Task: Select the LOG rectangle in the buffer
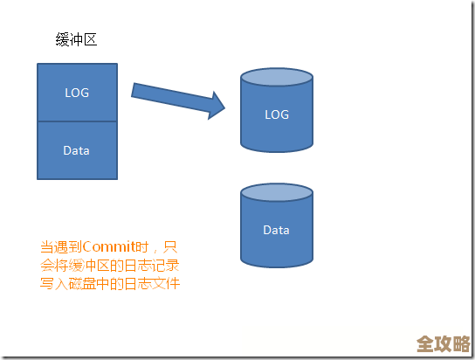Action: click(77, 92)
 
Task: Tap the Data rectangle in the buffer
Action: click(77, 150)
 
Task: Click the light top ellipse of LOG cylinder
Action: click(276, 80)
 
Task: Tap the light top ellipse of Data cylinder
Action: click(276, 194)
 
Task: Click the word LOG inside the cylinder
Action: click(276, 114)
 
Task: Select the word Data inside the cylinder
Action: click(276, 230)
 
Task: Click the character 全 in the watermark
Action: click(425, 343)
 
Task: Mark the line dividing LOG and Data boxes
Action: click(77, 121)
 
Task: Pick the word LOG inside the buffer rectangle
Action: click(77, 92)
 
